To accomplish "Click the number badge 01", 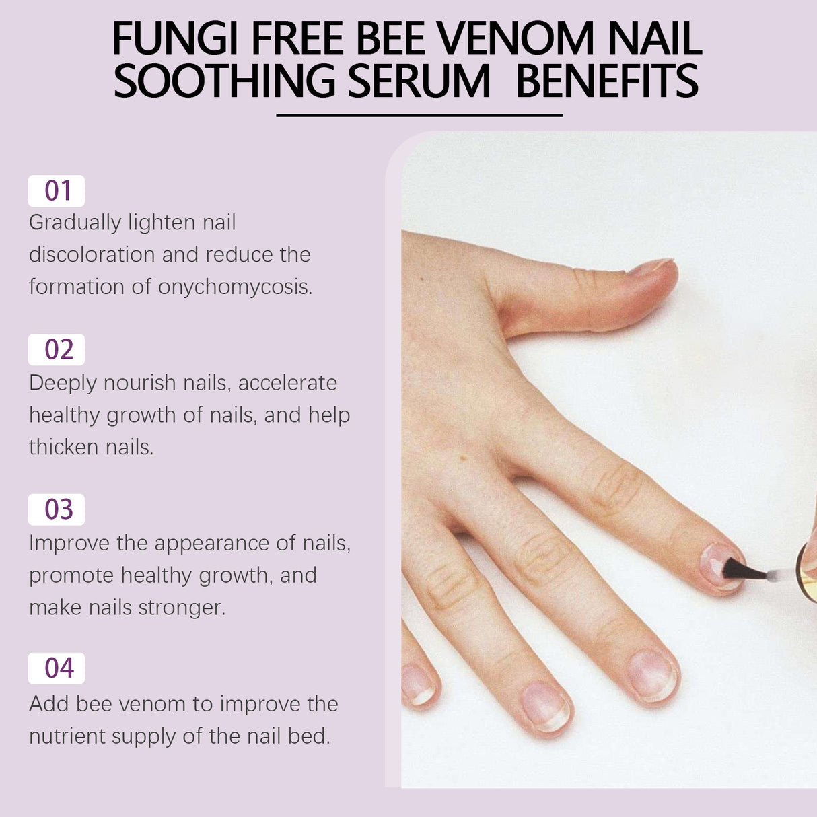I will pos(57,191).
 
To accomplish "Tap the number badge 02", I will pos(57,350).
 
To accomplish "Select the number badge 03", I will pos(57,509).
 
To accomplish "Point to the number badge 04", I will pos(57,668).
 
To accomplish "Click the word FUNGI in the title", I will pos(174,38).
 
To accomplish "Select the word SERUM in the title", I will pos(419,81).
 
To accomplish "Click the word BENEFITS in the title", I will pos(607,81).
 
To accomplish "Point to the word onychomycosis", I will pos(235,287).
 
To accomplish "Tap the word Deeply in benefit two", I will pos(62,383).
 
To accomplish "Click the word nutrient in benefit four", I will pos(67,736).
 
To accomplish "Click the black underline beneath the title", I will pos(419,115).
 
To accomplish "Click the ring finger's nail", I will pos(546,707).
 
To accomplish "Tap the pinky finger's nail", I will pos(417,684).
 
